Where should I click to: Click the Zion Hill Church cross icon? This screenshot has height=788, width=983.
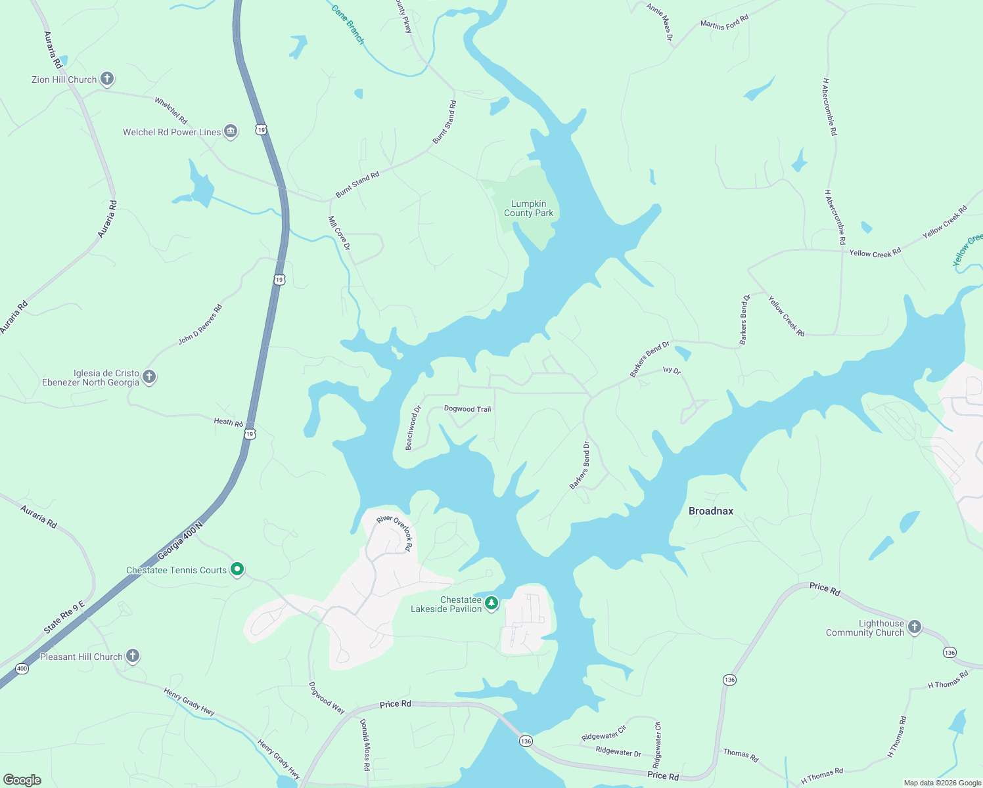[107, 79]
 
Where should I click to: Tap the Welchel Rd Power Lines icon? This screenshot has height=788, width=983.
[231, 131]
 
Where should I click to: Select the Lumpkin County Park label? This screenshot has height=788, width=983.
[528, 208]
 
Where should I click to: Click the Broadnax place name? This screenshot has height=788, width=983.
[710, 511]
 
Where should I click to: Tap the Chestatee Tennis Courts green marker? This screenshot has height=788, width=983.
[238, 569]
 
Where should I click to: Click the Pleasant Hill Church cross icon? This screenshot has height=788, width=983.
[133, 655]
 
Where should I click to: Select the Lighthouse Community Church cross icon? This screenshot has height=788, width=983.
[914, 627]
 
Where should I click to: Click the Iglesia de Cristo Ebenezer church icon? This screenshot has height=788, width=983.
[149, 377]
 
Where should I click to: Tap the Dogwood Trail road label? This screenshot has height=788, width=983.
[467, 408]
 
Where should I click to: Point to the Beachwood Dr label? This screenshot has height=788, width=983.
[413, 427]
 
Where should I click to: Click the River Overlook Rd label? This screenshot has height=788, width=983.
[395, 533]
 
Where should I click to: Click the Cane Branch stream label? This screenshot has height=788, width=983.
[348, 24]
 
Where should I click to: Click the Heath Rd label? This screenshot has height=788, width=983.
[228, 422]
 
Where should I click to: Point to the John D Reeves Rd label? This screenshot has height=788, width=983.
[200, 324]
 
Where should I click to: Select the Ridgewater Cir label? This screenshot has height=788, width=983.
[604, 733]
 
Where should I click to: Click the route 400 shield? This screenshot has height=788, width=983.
[22, 668]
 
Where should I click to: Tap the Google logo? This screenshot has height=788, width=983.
[22, 780]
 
